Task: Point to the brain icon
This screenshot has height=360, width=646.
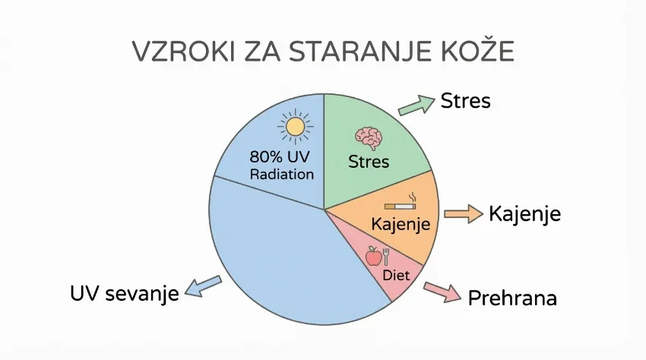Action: coord(369,137)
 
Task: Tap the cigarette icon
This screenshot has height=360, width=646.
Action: coord(401,204)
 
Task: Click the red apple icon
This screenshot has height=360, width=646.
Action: coord(373,256)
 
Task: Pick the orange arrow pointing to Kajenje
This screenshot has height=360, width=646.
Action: coord(463,214)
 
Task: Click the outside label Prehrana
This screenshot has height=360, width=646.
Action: coord(512,298)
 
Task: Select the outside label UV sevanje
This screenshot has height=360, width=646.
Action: coord(124,293)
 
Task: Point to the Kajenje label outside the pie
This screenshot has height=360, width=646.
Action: coord(524,213)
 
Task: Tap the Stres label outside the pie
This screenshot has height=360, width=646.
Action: coord(466,101)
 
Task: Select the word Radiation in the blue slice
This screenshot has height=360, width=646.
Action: coord(281,174)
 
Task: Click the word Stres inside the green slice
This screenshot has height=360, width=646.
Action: coord(369,161)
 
